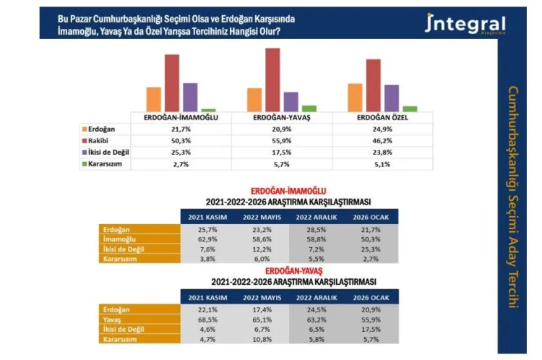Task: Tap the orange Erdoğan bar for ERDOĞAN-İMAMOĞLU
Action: [154, 98]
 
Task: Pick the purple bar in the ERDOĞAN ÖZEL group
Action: [392, 98]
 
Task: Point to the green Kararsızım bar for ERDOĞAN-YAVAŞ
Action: [309, 108]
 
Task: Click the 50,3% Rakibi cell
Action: [181, 140]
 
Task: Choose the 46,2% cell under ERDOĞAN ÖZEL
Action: [382, 140]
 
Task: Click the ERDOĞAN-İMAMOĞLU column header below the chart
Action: [181, 117]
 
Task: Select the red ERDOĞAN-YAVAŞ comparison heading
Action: [289, 270]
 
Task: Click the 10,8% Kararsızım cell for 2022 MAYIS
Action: [261, 338]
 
